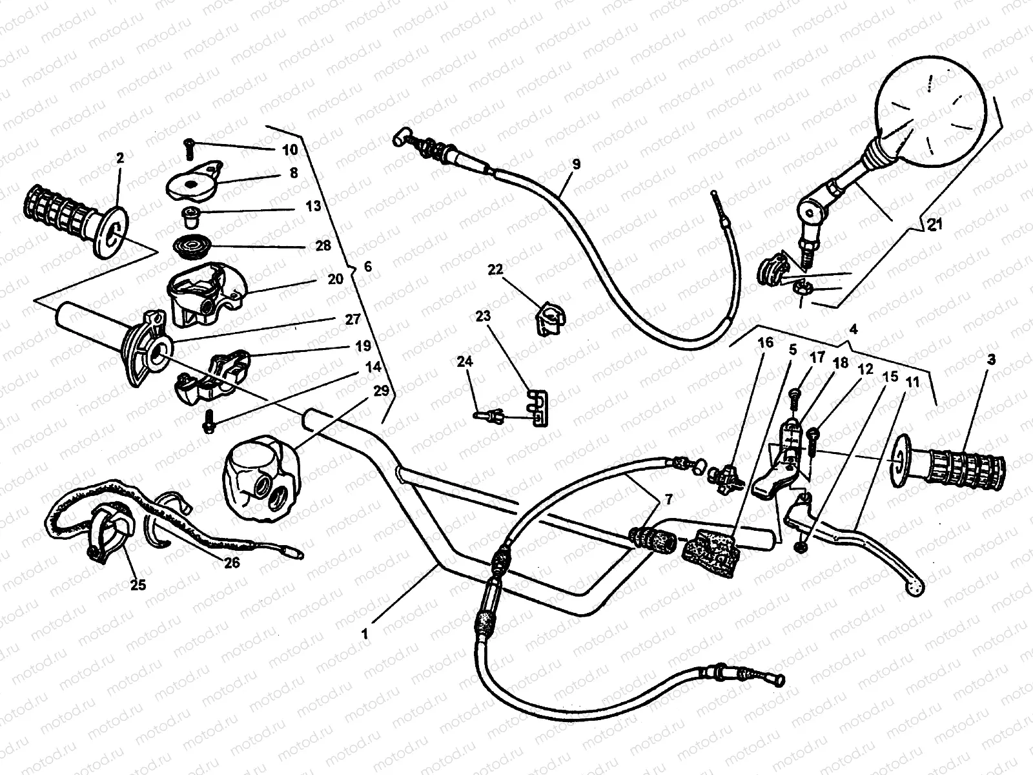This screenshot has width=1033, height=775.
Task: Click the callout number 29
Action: pyautogui.click(x=382, y=391)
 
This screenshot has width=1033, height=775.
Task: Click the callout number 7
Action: pyautogui.click(x=668, y=499)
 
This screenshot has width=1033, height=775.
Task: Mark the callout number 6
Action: pyautogui.click(x=368, y=266)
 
